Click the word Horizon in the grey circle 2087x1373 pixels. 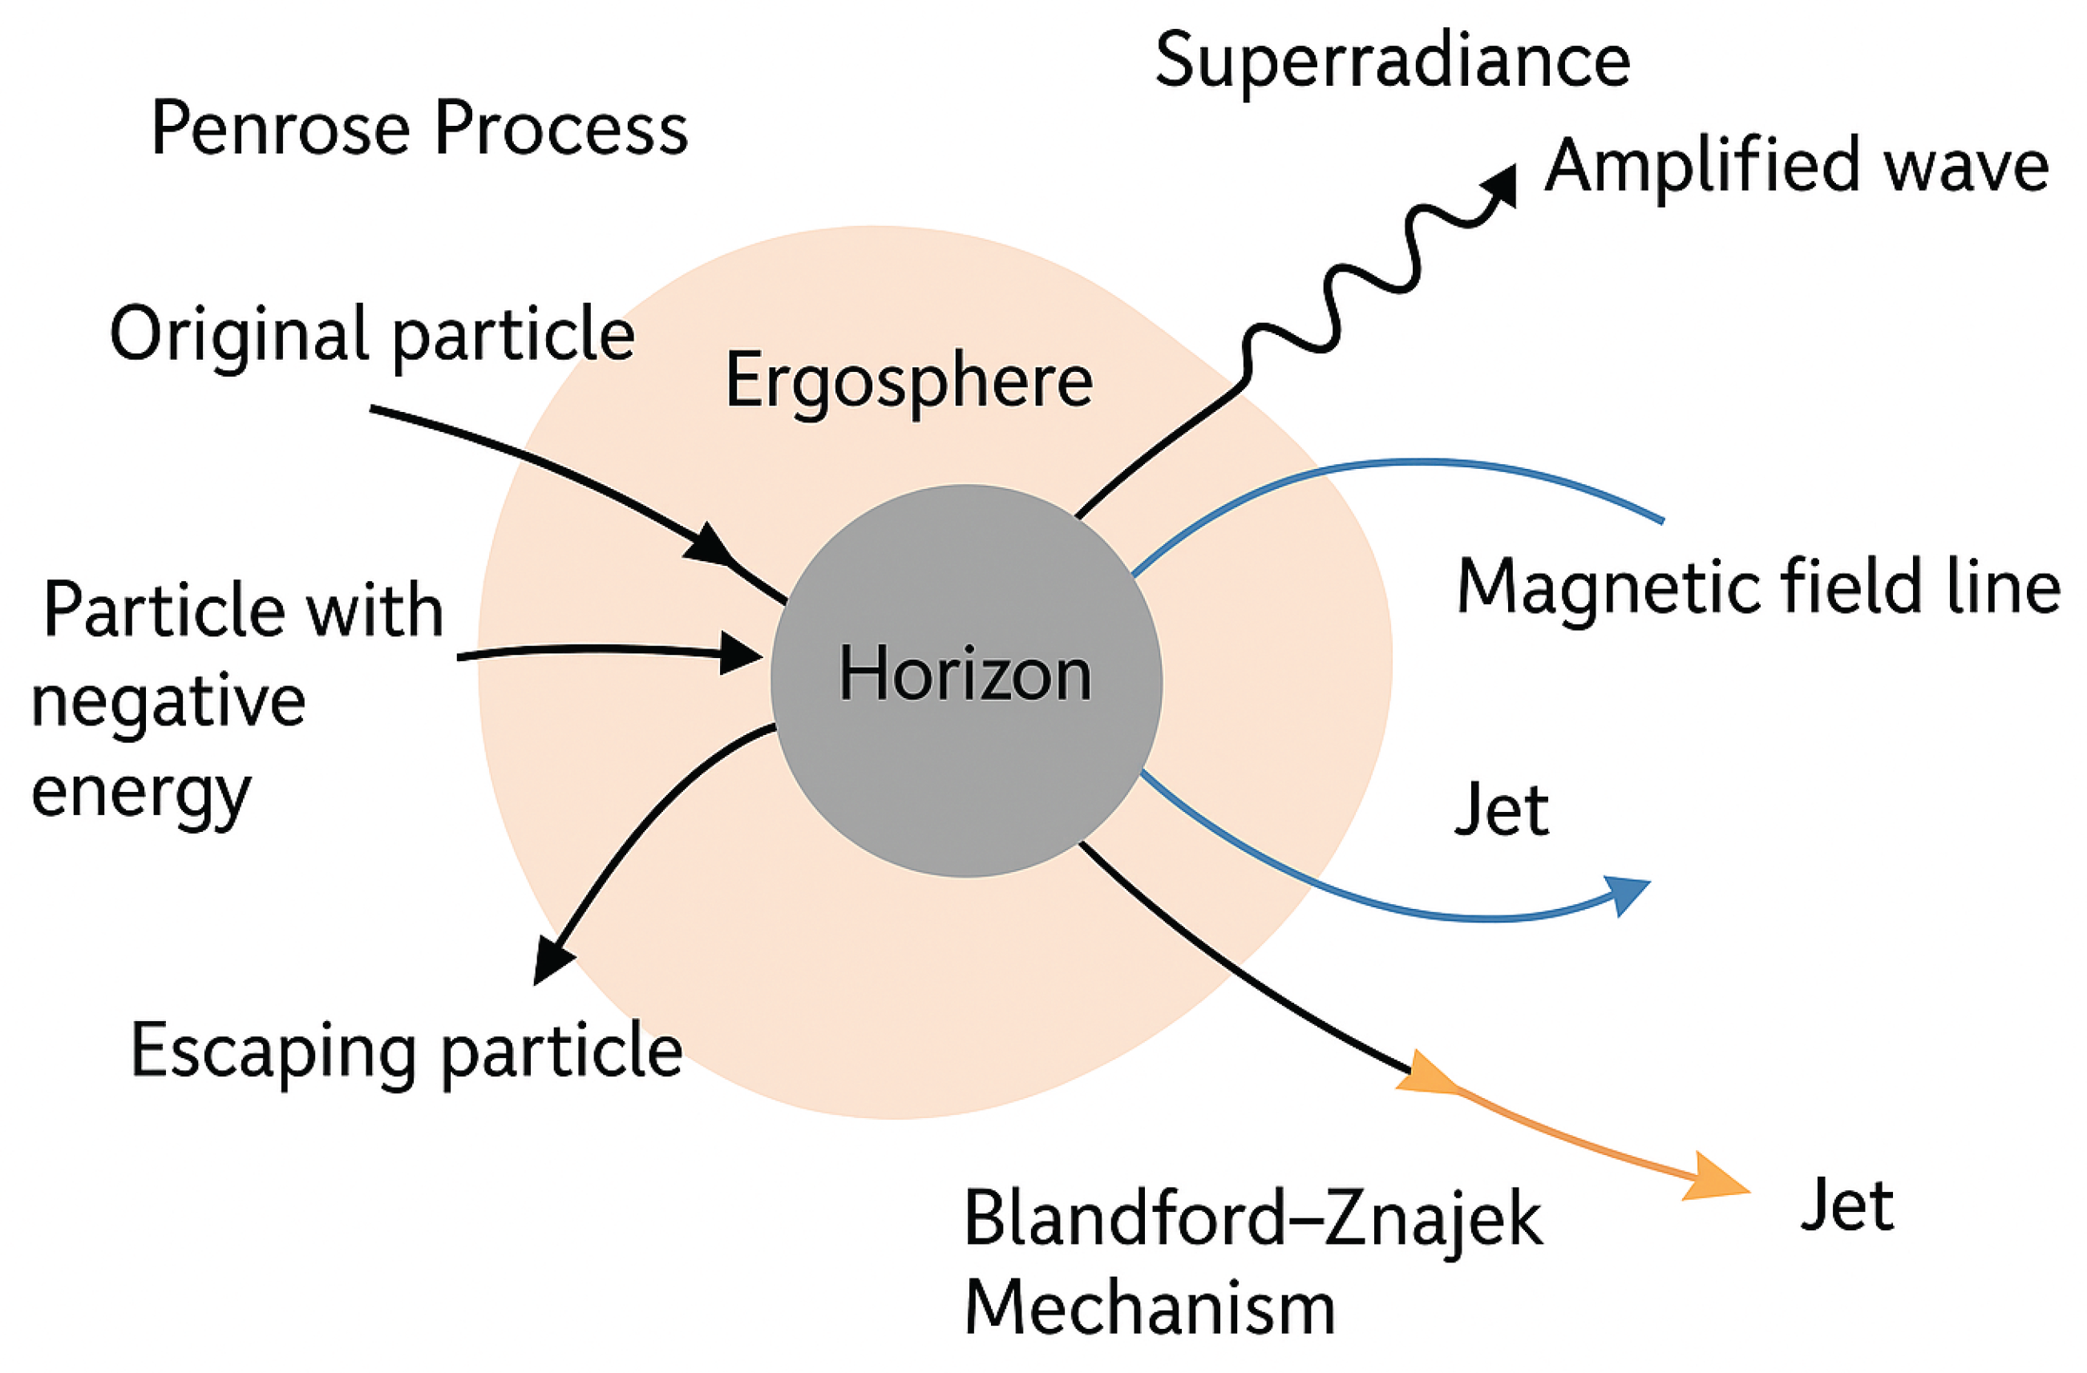(x=965, y=674)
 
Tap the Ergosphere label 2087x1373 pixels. (x=909, y=382)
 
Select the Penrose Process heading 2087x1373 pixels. (x=419, y=130)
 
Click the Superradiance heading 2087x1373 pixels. (x=1393, y=62)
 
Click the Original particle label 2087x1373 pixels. (x=372, y=335)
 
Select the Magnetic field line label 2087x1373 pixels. (x=1758, y=588)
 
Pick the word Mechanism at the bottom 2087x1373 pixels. (x=1150, y=1308)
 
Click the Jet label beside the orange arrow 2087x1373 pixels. (x=1847, y=1206)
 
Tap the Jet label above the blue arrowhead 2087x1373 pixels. (x=1503, y=811)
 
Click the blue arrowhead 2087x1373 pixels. (x=1629, y=894)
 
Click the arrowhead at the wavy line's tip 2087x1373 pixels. (x=1501, y=184)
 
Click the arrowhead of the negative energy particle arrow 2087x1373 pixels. (x=738, y=652)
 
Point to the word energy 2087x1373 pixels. (x=141, y=792)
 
